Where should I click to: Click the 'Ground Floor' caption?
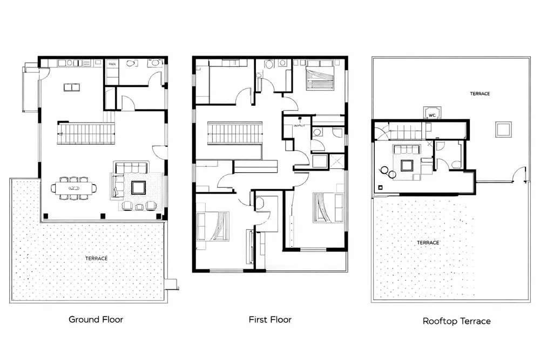(x=96, y=320)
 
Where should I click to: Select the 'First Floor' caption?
(x=269, y=320)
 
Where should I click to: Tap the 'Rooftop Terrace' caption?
(x=456, y=321)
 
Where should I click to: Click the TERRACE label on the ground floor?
(x=96, y=259)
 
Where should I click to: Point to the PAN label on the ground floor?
(x=112, y=64)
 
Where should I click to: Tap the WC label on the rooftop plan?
(x=432, y=114)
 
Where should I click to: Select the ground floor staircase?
(x=87, y=132)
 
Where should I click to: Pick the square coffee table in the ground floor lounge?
(x=139, y=187)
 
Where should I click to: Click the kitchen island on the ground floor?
(x=71, y=87)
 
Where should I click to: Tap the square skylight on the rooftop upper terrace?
(x=503, y=130)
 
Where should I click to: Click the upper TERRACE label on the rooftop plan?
(x=480, y=94)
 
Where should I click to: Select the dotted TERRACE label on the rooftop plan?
(x=428, y=243)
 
